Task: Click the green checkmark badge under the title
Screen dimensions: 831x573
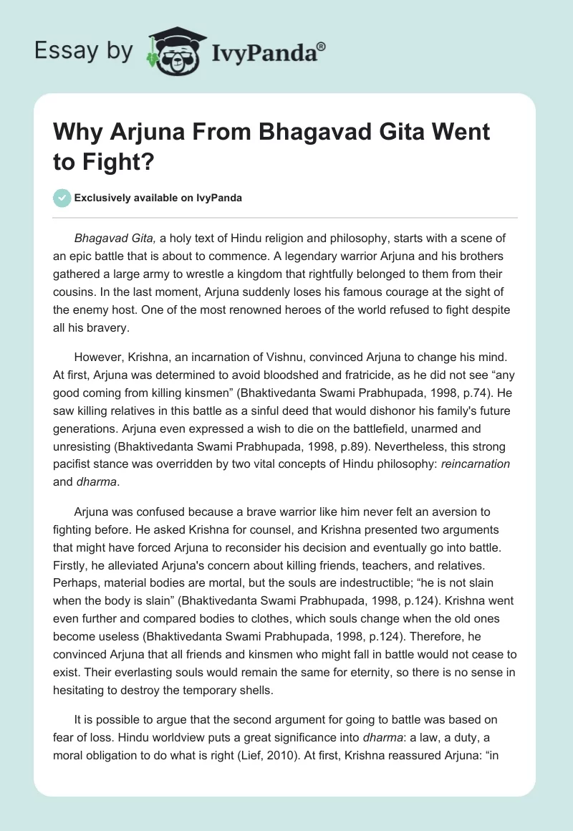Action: coord(63,198)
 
